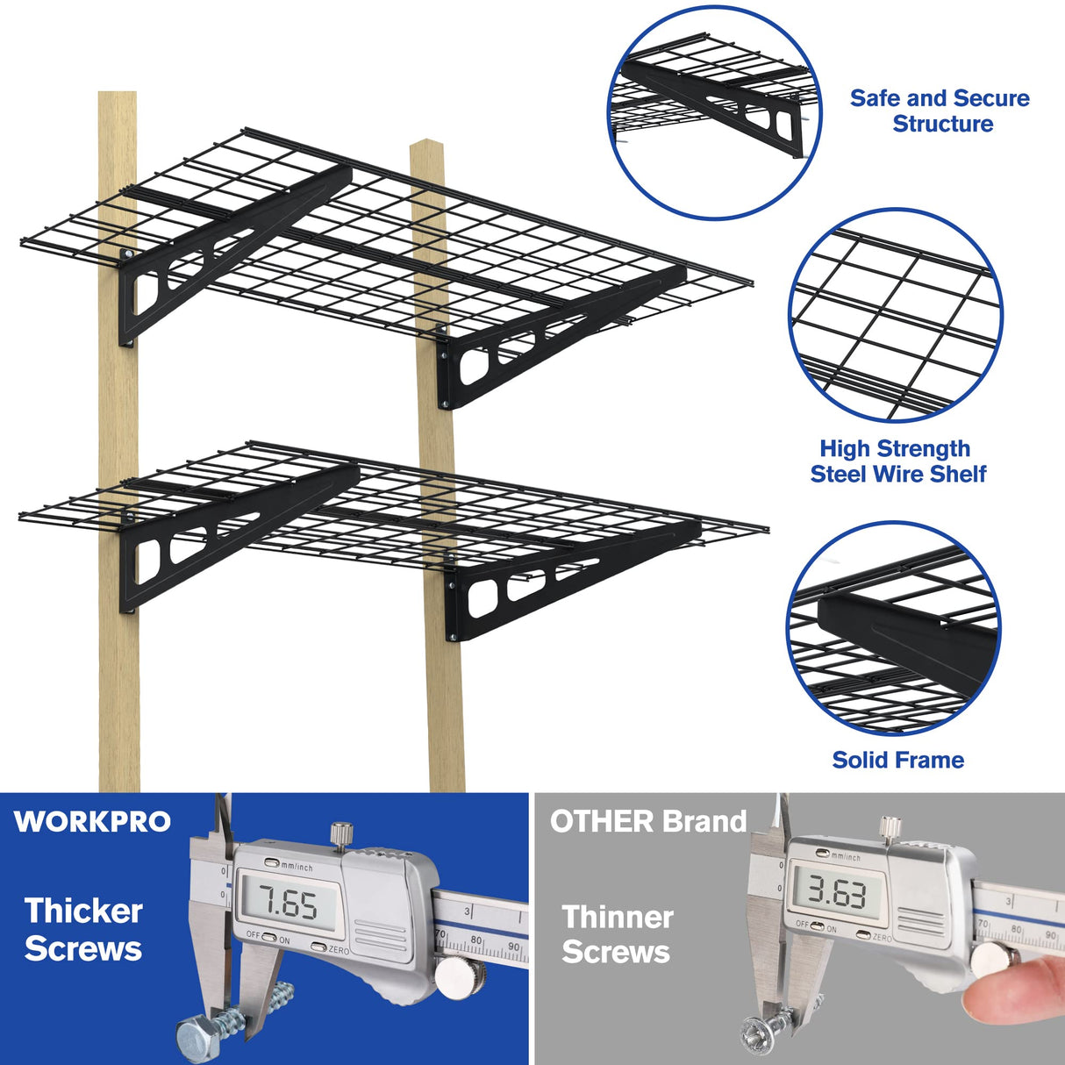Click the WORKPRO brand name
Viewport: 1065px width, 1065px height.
point(92,822)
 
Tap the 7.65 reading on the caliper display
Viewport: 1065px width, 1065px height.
point(287,904)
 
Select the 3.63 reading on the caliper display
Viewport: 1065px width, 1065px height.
point(837,893)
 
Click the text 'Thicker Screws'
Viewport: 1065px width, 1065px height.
point(83,930)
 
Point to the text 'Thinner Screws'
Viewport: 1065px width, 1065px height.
point(617,934)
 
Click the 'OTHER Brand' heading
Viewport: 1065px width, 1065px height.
point(647,822)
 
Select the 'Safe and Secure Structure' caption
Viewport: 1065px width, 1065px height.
point(940,111)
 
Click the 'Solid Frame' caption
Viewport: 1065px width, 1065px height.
point(897,760)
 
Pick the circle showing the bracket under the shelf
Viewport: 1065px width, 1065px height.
point(715,112)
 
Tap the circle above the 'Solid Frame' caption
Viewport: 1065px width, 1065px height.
point(894,627)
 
